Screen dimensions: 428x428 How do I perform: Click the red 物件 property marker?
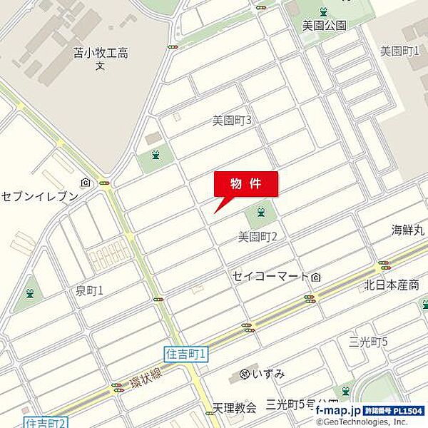[x=246, y=184]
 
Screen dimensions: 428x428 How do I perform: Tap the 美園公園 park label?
[x=324, y=26]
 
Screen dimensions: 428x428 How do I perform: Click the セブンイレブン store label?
[x=39, y=196]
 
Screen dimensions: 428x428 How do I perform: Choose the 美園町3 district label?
[x=232, y=121]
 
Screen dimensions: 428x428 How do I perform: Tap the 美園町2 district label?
[x=258, y=235]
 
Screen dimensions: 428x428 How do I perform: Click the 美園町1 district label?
[x=399, y=51]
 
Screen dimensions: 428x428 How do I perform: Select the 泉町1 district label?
[x=89, y=290]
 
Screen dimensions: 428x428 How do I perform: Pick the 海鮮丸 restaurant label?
[x=407, y=230]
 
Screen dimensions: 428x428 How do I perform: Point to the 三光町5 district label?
[x=369, y=342]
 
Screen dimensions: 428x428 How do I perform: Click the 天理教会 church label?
[x=234, y=407]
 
